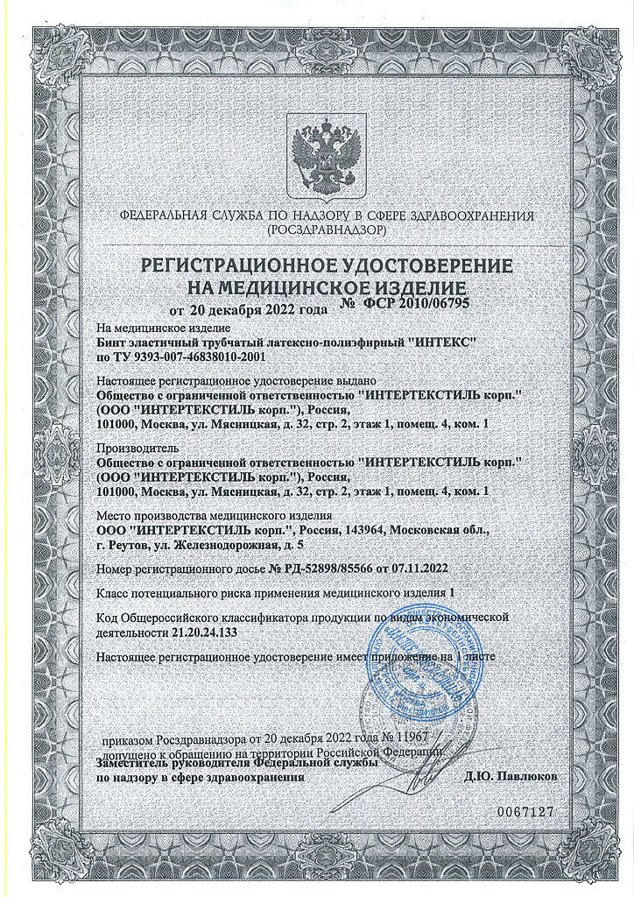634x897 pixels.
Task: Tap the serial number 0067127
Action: (526, 812)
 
